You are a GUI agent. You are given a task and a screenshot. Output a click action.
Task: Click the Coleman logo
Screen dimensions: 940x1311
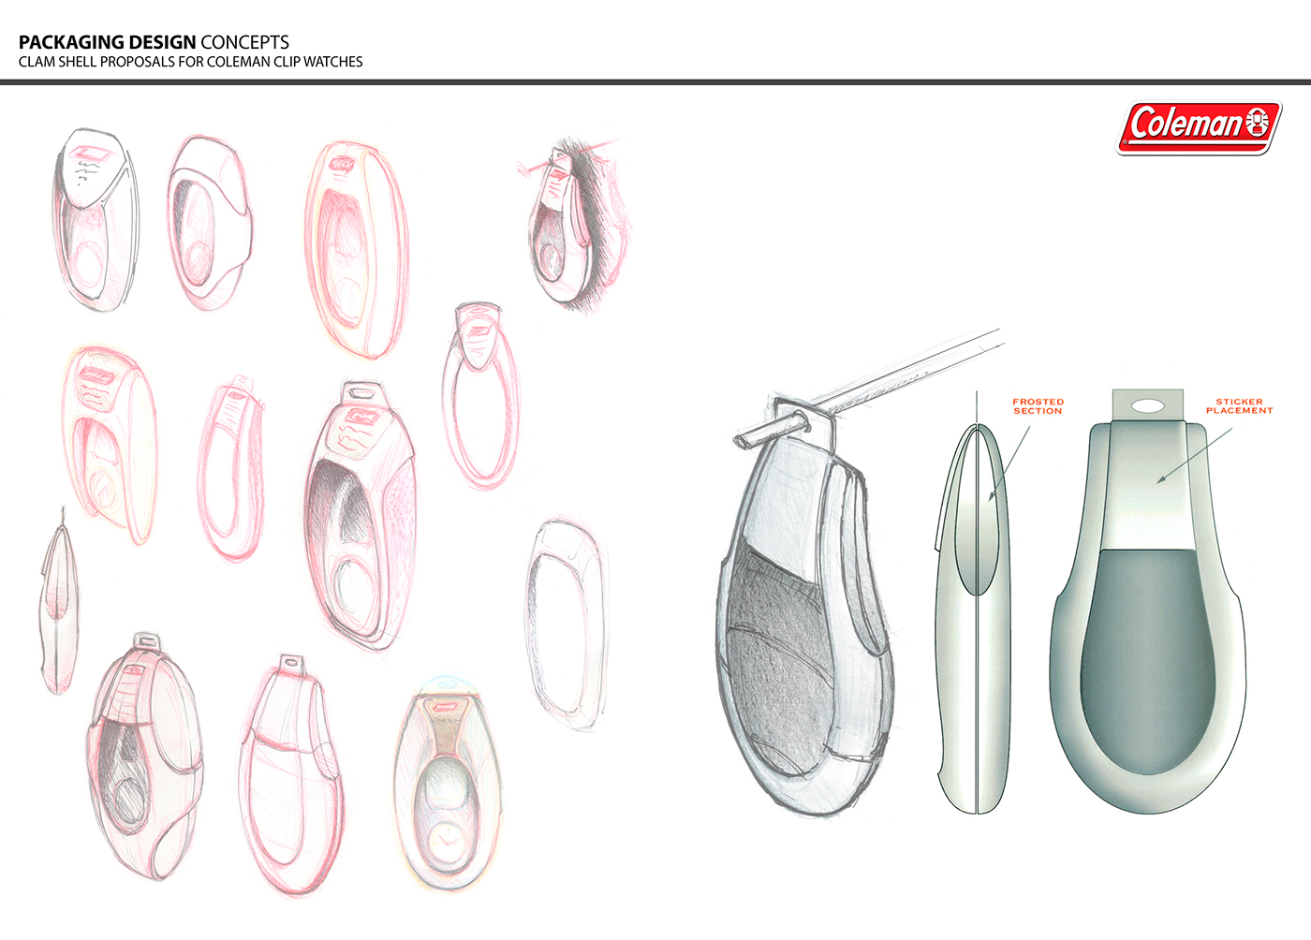(x=1199, y=126)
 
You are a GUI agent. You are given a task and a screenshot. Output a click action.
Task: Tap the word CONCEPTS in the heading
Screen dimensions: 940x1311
(x=244, y=42)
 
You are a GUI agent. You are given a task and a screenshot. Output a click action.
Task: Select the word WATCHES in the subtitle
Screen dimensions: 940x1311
(x=332, y=62)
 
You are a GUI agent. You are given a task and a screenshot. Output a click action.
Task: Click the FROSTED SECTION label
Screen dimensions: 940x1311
(x=1038, y=406)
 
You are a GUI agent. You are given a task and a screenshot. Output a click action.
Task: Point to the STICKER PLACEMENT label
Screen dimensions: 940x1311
(x=1239, y=406)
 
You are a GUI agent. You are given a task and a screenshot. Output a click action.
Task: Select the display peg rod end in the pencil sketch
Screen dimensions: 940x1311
(x=742, y=439)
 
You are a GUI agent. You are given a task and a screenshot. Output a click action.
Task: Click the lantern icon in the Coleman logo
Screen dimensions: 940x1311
(x=1259, y=123)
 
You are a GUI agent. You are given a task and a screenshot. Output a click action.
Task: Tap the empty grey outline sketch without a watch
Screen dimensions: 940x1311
(x=567, y=623)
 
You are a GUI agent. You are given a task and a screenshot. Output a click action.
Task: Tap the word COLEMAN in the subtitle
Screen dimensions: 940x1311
(x=238, y=62)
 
